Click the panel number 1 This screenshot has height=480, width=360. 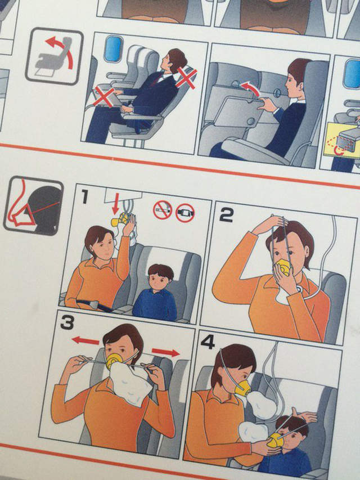(84, 196)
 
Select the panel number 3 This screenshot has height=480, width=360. (67, 322)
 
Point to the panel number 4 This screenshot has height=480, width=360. (208, 342)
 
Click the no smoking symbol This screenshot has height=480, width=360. (163, 210)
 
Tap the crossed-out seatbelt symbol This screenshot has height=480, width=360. (185, 213)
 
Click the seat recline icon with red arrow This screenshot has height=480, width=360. (54, 56)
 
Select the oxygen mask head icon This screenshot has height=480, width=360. (33, 206)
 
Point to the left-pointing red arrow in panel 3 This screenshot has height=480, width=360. (85, 340)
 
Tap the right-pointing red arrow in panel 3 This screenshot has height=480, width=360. (165, 352)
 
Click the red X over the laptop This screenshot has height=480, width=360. (104, 96)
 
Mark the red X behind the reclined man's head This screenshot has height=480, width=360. (186, 78)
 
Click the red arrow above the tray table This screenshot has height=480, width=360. (251, 89)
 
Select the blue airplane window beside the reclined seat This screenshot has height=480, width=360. (113, 49)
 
